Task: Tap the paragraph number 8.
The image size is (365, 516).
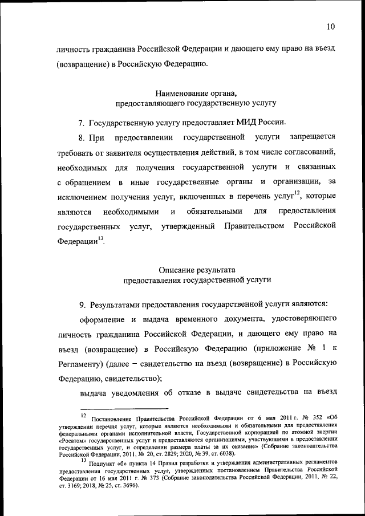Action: [x=82, y=137]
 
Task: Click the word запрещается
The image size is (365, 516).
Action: [x=313, y=137]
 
